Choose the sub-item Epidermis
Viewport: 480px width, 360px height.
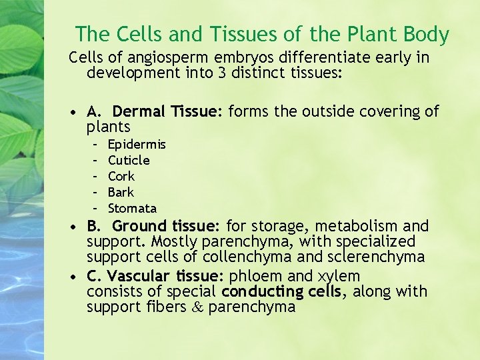pyautogui.click(x=137, y=145)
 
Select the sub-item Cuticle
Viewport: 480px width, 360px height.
pyautogui.click(x=129, y=161)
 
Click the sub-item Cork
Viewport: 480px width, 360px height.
pyautogui.click(x=121, y=177)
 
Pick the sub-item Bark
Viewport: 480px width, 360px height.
pyautogui.click(x=121, y=193)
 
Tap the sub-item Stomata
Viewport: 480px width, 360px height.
pyautogui.click(x=132, y=209)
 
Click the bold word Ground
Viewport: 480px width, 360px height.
pyautogui.click(x=141, y=227)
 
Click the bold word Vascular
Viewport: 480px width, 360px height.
pyautogui.click(x=139, y=276)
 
